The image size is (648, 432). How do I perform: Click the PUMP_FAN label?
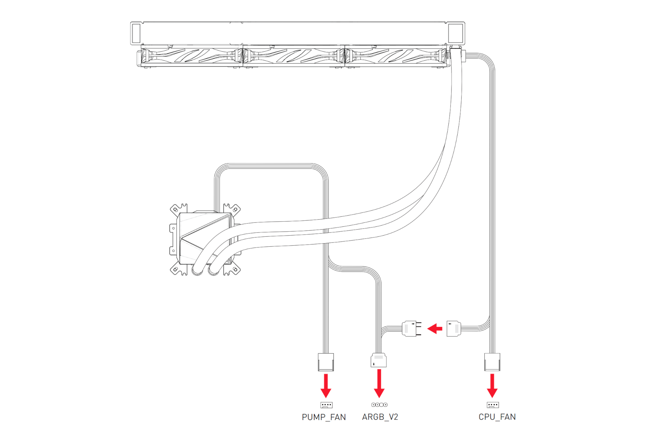pyautogui.click(x=324, y=417)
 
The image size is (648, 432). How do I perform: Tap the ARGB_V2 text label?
pyautogui.click(x=380, y=417)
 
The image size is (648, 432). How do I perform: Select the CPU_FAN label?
pyautogui.click(x=497, y=417)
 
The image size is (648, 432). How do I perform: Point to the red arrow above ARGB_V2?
pyautogui.click(x=379, y=384)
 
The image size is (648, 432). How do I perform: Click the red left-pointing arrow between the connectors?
pyautogui.click(x=435, y=329)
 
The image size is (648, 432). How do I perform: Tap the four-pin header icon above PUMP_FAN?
pyautogui.click(x=326, y=405)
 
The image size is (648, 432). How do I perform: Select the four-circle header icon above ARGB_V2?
pyautogui.click(x=379, y=405)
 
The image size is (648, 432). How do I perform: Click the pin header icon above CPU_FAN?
pyautogui.click(x=493, y=405)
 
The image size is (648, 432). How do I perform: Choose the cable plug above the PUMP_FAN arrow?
pyautogui.click(x=326, y=362)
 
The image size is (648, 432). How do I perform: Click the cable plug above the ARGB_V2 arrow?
pyautogui.click(x=379, y=360)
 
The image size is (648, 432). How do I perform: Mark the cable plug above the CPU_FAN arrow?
pyautogui.click(x=492, y=362)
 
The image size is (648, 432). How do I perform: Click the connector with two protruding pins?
pyautogui.click(x=412, y=329)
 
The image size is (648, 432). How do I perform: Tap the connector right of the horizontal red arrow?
pyautogui.click(x=454, y=329)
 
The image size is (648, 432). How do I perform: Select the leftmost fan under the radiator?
pyautogui.click(x=192, y=56)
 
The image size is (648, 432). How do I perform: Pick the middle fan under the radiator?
pyautogui.click(x=294, y=56)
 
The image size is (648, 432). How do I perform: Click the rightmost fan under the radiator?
pyautogui.click(x=396, y=56)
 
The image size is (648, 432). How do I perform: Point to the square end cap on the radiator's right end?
pyautogui.click(x=455, y=33)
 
